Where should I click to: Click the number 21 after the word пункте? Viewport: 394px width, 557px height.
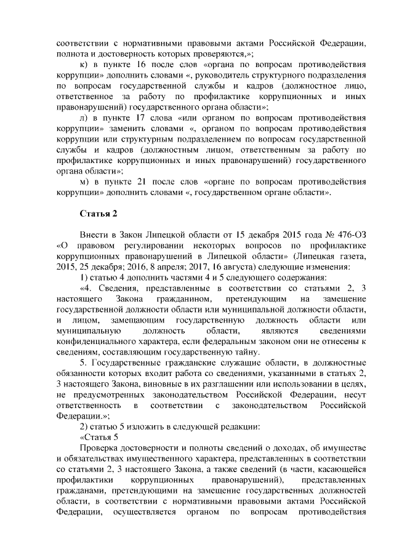click(x=142, y=182)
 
